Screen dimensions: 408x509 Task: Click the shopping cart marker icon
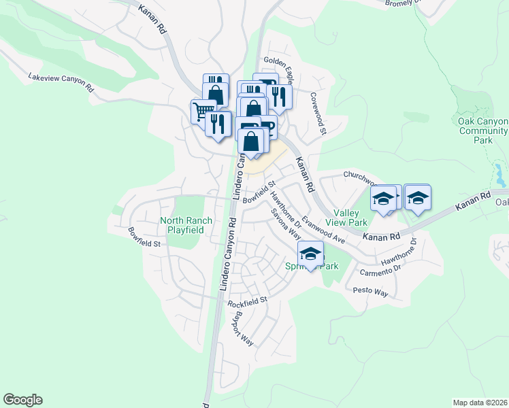coord(203,111)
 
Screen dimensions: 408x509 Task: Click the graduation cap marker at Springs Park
coord(311,254)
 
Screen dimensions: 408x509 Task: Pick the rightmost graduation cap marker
coord(417,198)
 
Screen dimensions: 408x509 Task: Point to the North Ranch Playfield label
coord(186,225)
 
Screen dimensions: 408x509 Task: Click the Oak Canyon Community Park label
coord(482,130)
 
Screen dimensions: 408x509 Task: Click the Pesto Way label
coord(370,292)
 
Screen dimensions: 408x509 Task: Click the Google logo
coord(22,400)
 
